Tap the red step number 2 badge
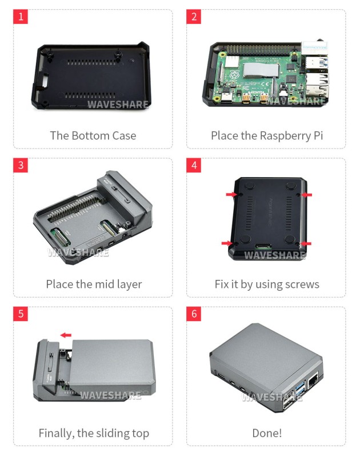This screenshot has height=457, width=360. click(x=194, y=17)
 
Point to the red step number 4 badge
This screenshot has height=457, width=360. click(x=194, y=166)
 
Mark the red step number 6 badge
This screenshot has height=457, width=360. click(x=194, y=314)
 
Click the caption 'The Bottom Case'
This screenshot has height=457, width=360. click(x=93, y=135)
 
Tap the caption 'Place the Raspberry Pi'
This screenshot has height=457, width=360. click(x=267, y=135)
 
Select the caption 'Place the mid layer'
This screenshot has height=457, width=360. click(x=94, y=284)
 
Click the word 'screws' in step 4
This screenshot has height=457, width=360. click(x=301, y=284)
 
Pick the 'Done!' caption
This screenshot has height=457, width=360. click(x=267, y=433)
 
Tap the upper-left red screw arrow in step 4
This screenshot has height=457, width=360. click(x=231, y=195)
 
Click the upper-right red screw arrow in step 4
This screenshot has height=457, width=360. click(x=306, y=195)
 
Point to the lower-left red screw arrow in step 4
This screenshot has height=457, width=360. click(x=231, y=243)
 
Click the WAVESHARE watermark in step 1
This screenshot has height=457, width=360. click(x=117, y=105)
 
